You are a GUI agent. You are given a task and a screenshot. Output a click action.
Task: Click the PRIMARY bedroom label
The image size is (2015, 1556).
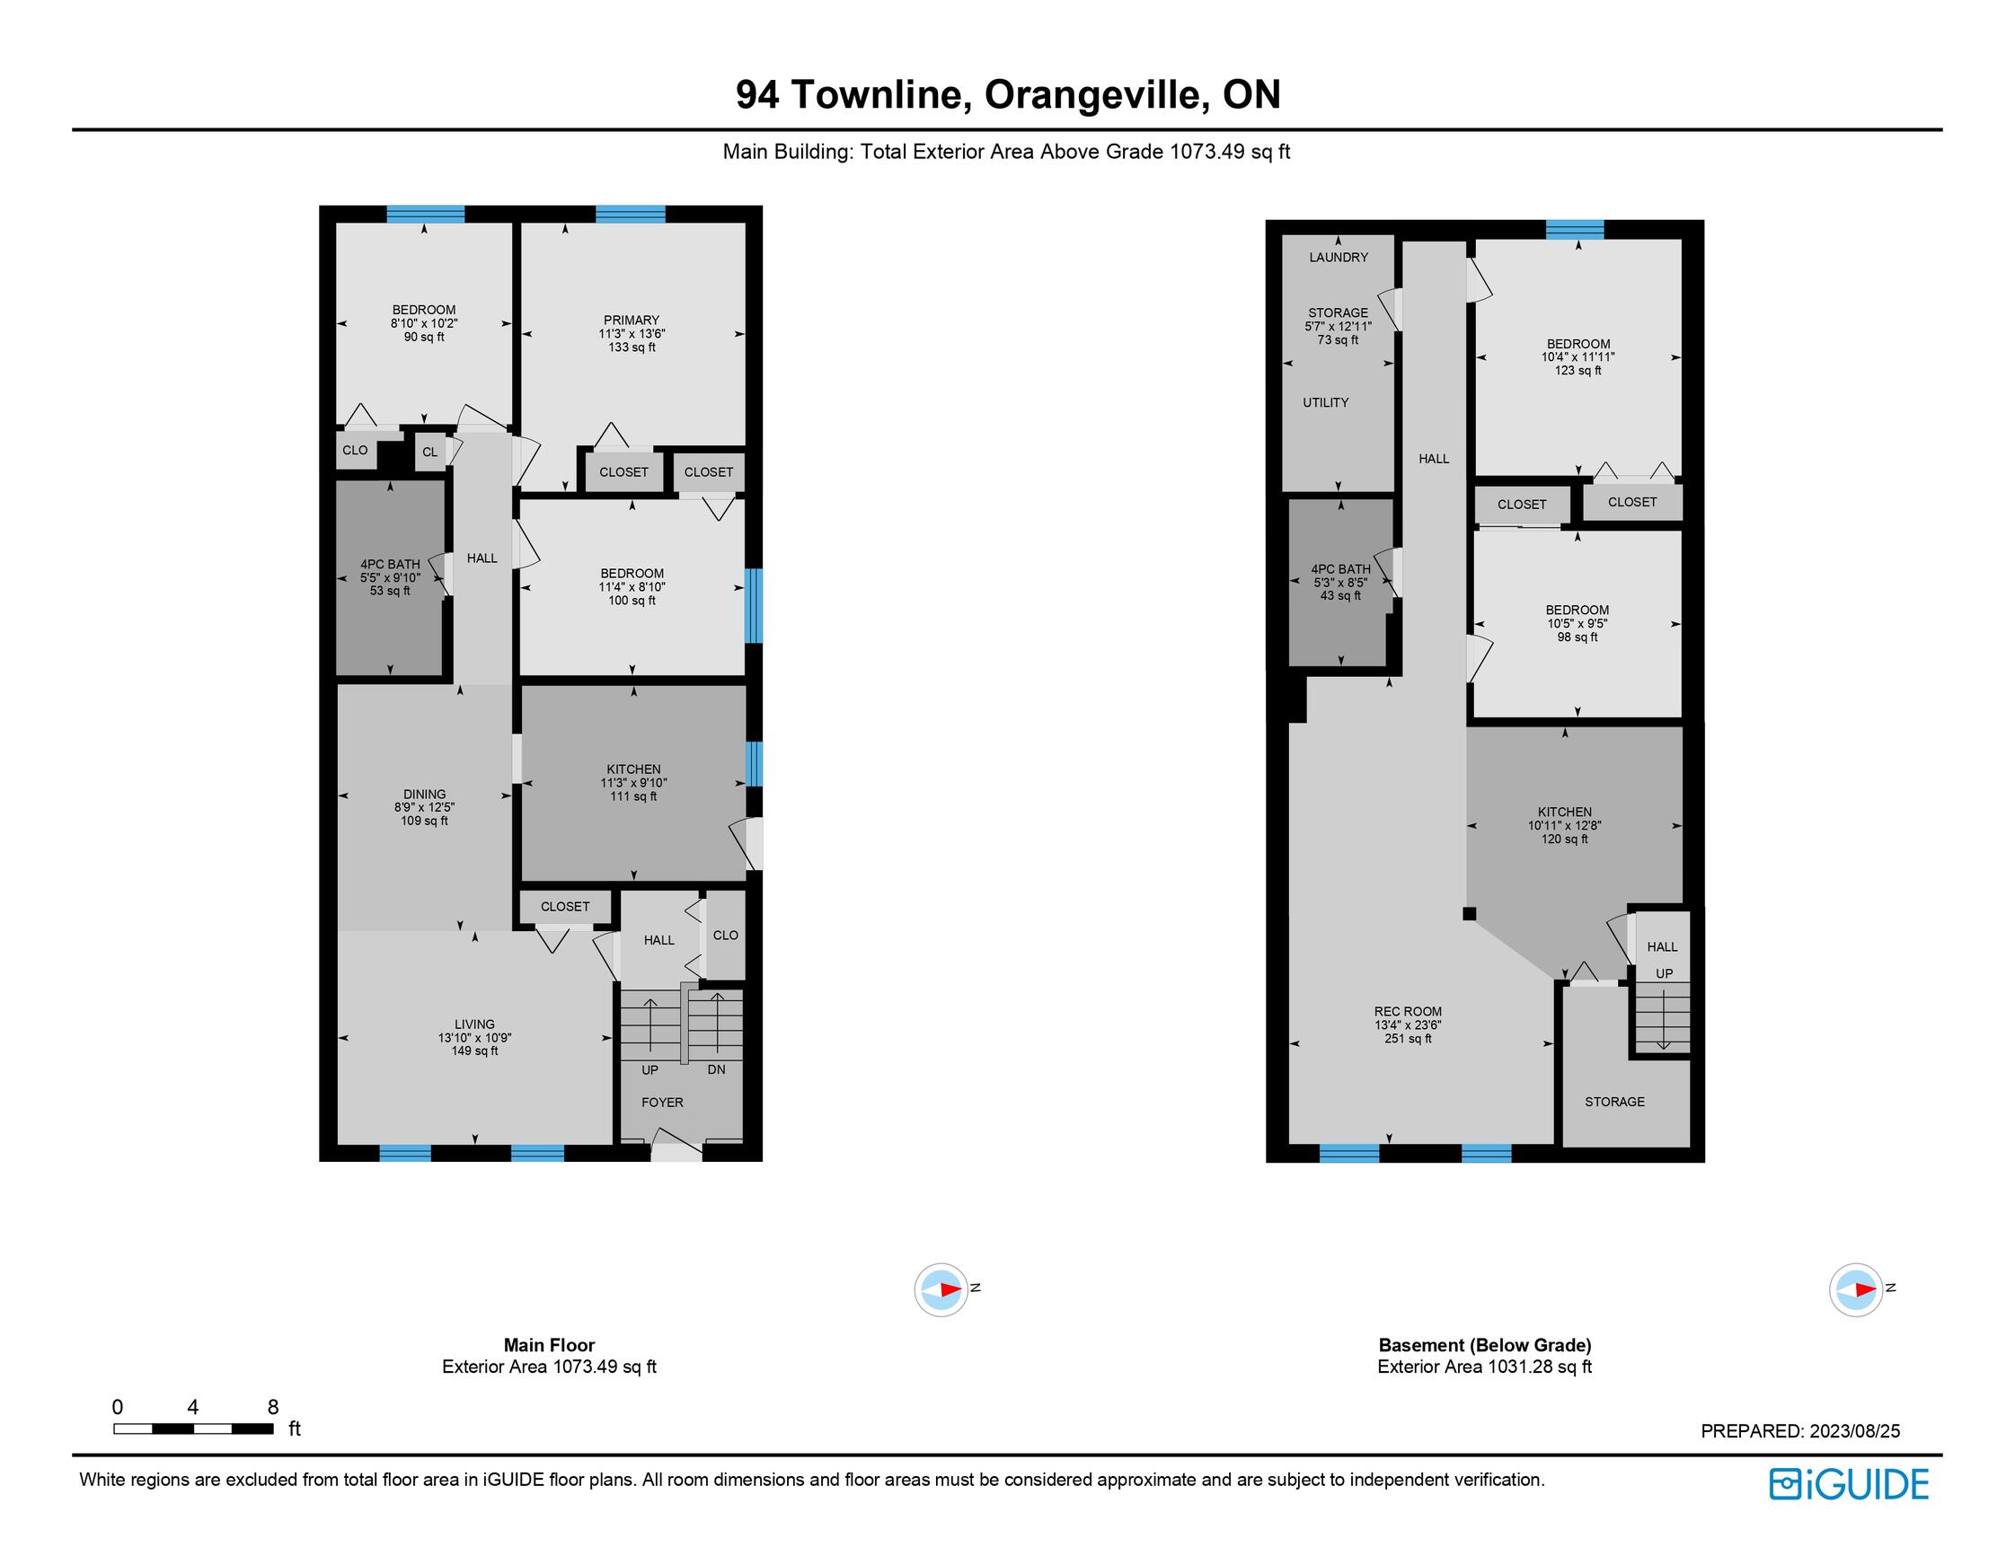632,320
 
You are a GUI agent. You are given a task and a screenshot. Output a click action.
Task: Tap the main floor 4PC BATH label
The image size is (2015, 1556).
389,564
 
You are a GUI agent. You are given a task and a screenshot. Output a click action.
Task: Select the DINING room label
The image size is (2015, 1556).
424,794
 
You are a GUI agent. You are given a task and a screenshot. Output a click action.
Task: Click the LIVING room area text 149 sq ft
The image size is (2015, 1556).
474,1051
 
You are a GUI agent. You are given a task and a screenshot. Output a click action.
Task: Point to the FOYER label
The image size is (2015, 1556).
662,1103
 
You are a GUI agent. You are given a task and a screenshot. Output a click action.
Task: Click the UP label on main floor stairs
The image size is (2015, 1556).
650,1070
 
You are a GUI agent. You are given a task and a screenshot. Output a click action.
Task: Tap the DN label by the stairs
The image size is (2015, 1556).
717,1070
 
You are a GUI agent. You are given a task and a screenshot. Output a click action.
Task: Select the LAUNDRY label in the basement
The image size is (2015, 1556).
1338,258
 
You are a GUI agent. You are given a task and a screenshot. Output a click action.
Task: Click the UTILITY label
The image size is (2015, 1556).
1325,402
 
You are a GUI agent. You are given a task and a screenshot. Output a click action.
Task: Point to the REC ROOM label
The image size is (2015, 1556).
1407,1012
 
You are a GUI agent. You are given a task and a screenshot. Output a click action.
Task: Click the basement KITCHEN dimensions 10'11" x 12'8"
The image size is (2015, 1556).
1564,825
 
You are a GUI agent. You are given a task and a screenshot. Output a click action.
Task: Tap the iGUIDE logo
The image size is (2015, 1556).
1849,1484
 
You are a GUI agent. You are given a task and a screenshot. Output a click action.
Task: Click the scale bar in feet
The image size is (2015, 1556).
194,1429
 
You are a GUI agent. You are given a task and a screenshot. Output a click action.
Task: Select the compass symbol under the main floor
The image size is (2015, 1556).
941,1289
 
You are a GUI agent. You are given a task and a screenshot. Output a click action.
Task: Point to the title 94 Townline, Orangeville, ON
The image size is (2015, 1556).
1008,95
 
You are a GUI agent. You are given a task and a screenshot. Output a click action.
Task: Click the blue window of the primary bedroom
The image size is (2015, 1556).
630,214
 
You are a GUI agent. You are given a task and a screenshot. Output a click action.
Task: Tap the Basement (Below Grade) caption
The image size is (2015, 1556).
1484,1345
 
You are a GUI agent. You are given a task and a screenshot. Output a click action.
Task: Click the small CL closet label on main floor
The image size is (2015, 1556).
430,452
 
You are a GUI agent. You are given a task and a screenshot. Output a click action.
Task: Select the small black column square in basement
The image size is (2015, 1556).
1470,914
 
